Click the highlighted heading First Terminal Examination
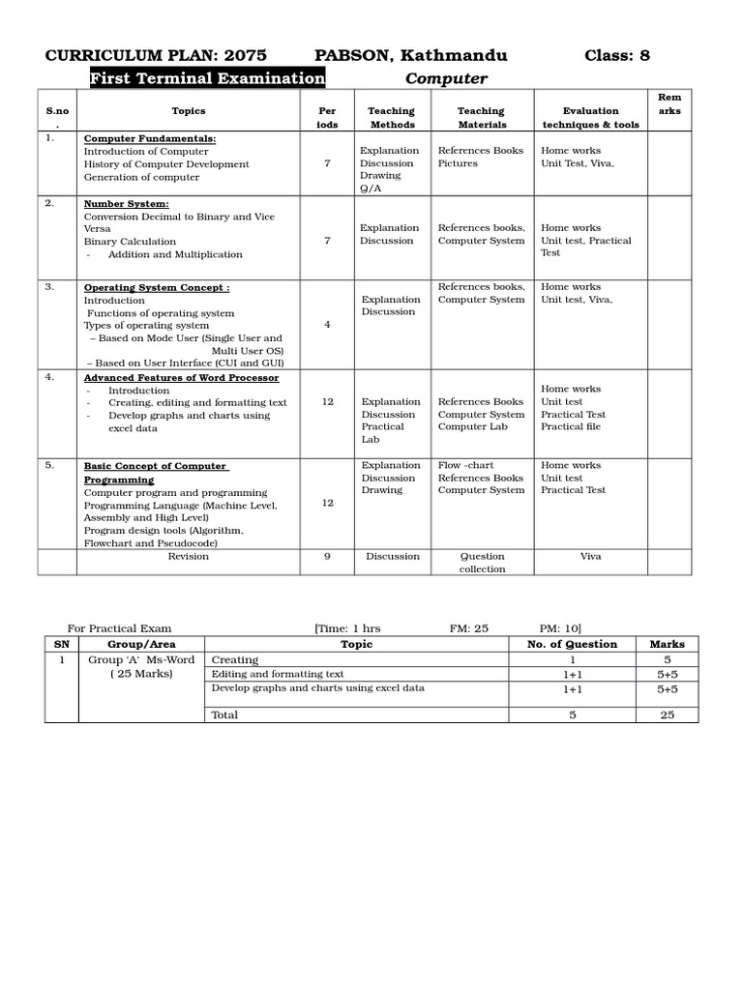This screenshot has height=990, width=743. click(208, 78)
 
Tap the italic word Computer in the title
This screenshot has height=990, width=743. click(446, 78)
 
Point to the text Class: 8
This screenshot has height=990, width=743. click(617, 55)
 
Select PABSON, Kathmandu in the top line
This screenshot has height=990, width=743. click(410, 55)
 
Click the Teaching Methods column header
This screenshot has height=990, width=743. click(391, 117)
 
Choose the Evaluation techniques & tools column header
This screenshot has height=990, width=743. click(590, 117)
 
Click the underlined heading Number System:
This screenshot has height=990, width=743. click(126, 204)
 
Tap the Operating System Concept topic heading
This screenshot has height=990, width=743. click(157, 288)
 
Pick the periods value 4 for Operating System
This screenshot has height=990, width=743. click(327, 325)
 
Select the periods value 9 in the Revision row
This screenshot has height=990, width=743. click(327, 556)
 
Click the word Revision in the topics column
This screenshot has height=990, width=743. click(188, 556)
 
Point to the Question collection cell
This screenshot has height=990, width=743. click(482, 563)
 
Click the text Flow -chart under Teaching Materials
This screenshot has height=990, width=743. click(465, 465)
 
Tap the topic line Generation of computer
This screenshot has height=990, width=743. click(141, 177)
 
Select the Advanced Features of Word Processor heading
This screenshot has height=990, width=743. click(181, 378)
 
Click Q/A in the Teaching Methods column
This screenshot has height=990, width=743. click(371, 189)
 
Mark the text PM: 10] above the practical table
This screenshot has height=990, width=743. click(560, 628)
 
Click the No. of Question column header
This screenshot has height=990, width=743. click(572, 644)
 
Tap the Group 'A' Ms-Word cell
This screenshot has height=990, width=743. click(141, 659)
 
